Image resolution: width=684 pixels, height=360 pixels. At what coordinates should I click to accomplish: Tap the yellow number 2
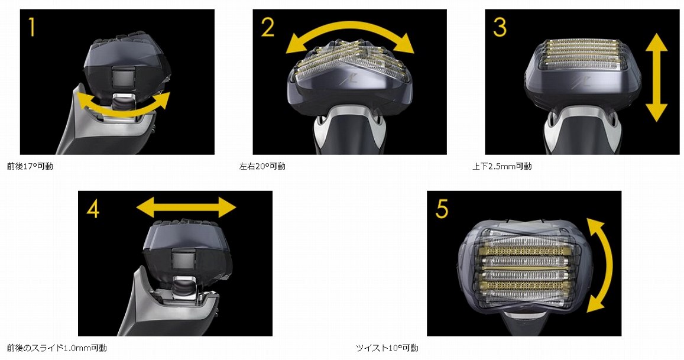point(268,27)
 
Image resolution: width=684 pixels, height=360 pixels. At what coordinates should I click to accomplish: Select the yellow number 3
point(500,27)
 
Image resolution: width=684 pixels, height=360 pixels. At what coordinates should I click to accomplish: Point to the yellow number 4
point(93,209)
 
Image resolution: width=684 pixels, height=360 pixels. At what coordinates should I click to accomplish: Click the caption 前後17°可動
point(30,166)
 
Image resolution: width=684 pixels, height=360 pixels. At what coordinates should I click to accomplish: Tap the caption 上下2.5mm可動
point(502,166)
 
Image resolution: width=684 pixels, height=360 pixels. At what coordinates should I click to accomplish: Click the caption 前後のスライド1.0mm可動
point(57,348)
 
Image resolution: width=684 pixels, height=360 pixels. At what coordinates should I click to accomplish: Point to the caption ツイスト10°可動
point(387,348)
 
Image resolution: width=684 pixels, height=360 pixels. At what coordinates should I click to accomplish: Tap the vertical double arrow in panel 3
point(656,77)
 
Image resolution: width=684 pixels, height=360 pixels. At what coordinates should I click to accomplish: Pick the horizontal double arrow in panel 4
point(186,207)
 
